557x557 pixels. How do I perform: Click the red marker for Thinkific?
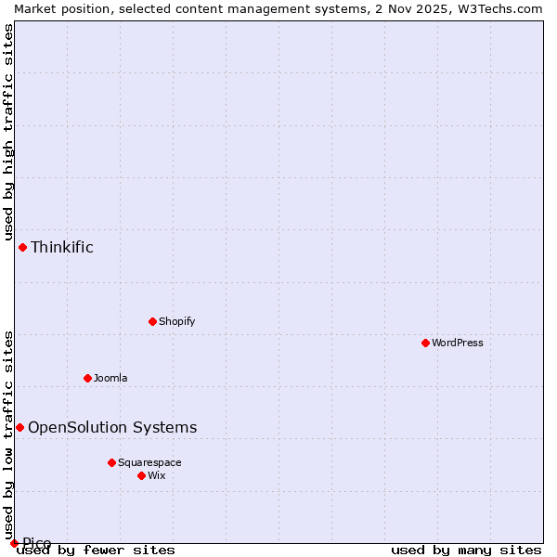click(22, 247)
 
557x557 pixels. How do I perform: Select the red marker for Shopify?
click(152, 321)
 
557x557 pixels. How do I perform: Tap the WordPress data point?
click(425, 343)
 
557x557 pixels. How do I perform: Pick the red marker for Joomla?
click(87, 378)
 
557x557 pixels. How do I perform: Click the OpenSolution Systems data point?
click(19, 427)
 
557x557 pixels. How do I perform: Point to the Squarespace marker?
click(111, 462)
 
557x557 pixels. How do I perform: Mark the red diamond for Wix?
click(141, 475)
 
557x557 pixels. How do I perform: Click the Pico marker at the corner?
click(14, 543)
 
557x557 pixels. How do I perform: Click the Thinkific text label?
click(62, 247)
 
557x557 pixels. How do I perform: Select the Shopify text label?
click(176, 321)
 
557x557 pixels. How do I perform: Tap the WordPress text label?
click(457, 343)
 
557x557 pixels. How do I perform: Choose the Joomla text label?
click(110, 378)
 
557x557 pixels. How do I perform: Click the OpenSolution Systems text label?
click(112, 427)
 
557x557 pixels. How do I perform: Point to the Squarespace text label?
click(149, 462)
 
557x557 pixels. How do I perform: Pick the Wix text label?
click(156, 475)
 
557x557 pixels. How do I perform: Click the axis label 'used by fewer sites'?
click(97, 551)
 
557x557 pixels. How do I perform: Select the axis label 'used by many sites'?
click(466, 551)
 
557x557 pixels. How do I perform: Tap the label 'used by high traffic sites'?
click(8, 130)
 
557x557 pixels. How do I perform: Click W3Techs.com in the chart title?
click(500, 8)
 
